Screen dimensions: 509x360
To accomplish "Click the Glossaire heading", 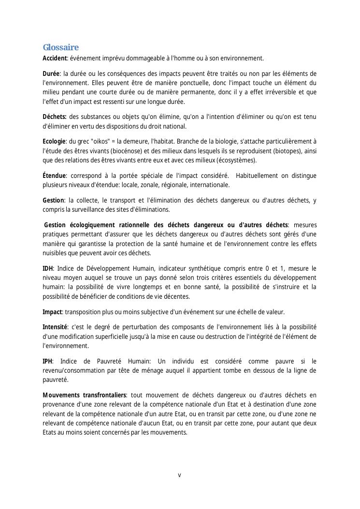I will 60,47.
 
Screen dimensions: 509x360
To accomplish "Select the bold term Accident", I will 55,58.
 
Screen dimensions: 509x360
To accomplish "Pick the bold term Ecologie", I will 54,141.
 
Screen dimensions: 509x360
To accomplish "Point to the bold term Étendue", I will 54,175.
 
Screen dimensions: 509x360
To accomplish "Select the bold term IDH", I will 47,268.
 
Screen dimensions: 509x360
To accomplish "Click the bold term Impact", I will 52,312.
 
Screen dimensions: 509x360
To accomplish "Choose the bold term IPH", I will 47,361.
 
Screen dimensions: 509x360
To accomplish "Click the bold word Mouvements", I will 60,395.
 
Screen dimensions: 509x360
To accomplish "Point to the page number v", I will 179,475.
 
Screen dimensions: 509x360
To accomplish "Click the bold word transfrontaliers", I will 104,395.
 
